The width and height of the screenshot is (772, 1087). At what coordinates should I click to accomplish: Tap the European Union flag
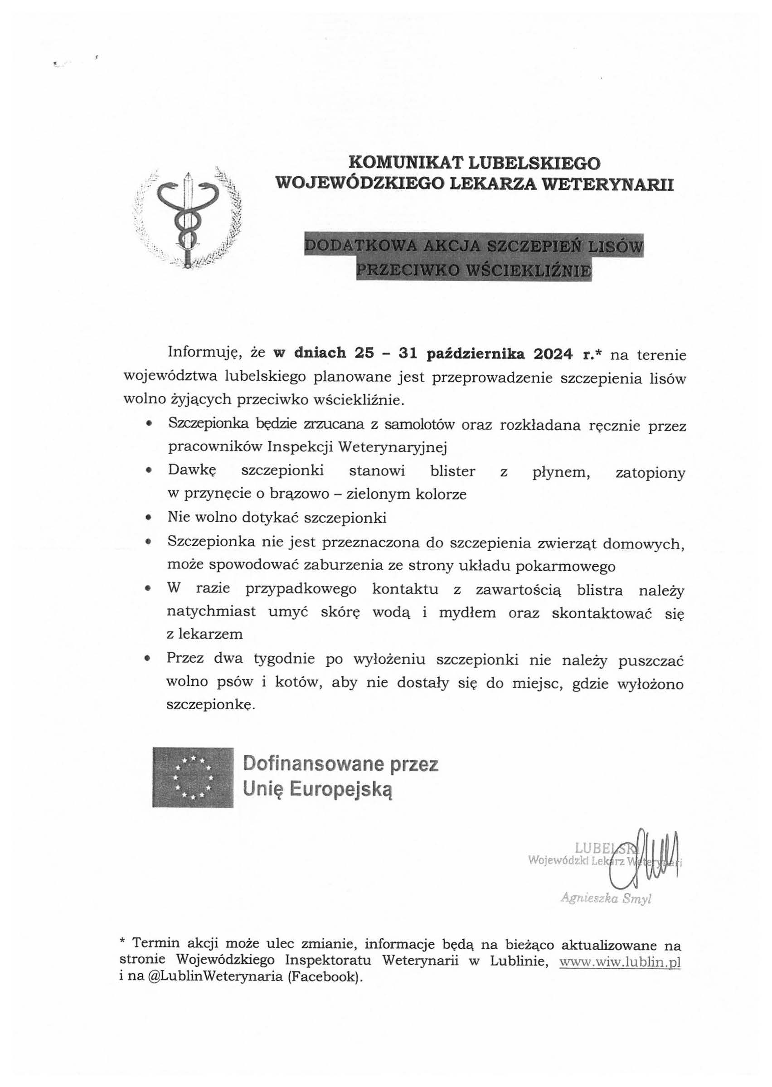[193, 777]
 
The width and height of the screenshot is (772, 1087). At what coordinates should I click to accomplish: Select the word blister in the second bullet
[452, 471]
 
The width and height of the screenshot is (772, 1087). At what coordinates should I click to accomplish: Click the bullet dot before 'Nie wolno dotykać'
[149, 518]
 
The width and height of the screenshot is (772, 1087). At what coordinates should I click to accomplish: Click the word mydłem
[467, 613]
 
